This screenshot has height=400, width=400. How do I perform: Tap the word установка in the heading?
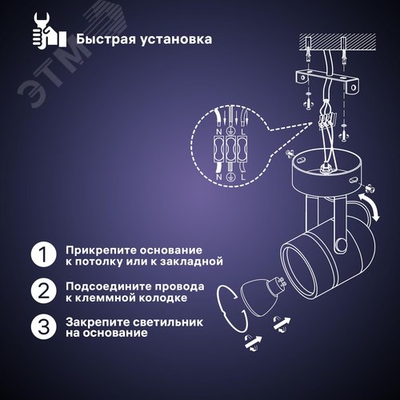(x=174, y=38)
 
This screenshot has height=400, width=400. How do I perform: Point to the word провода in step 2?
(x=178, y=286)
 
